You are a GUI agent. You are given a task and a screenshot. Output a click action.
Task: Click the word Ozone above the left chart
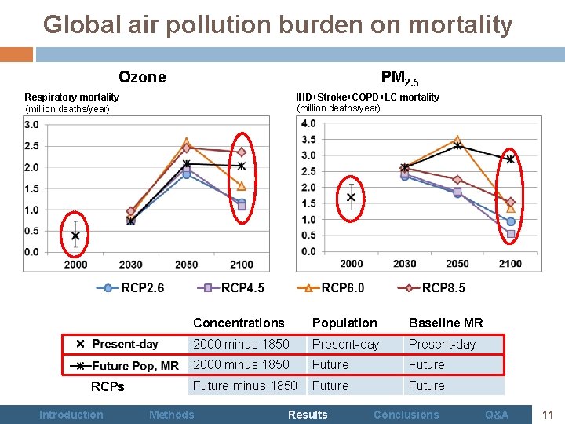pos(142,77)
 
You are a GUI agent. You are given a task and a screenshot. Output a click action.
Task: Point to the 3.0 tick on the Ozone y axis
pos(32,125)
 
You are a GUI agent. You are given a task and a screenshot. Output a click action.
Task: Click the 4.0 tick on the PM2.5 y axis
pos(308,123)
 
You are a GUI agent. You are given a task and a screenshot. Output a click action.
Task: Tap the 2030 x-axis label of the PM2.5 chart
pos(404,263)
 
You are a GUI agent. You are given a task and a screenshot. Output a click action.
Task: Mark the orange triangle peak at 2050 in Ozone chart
pos(186,142)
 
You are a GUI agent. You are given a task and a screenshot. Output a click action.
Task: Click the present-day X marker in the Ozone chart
pos(75,236)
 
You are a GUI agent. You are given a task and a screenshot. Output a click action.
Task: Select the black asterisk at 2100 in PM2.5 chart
pos(510,159)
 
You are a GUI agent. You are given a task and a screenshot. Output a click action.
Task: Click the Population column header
pos(344,323)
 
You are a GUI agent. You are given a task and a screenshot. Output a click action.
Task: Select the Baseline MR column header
pos(446,323)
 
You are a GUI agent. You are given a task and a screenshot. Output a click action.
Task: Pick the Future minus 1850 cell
pos(245,386)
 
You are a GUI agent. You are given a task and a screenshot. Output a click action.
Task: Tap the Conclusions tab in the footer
pos(406,415)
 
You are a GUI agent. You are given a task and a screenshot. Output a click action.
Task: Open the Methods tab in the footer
pos(171,415)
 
